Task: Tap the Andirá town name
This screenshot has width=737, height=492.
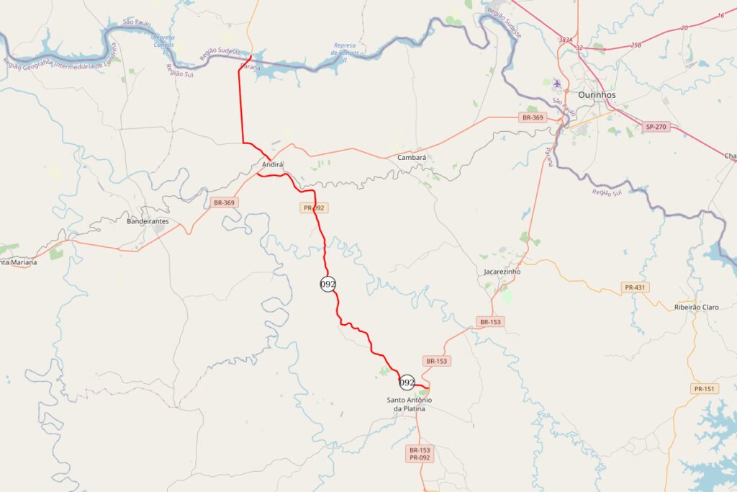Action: coord(271,164)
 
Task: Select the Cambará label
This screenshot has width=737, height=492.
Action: coord(412,157)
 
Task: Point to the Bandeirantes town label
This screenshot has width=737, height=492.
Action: coord(148,221)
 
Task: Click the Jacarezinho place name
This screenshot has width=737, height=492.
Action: coord(502,272)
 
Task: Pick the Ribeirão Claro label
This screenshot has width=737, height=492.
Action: coord(696,307)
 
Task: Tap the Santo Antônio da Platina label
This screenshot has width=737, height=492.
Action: coord(410,404)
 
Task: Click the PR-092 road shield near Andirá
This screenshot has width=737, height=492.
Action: coord(313,207)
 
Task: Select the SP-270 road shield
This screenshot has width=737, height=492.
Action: coord(656,127)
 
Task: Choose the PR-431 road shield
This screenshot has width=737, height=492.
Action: coord(635,287)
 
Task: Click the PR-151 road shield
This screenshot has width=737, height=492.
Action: coord(704,389)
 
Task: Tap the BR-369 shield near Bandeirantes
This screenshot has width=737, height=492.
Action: coord(224,202)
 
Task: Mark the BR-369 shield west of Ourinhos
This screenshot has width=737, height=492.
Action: coord(533,117)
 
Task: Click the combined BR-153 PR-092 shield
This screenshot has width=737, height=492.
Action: coord(420,454)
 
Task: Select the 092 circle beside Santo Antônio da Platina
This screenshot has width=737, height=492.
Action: coord(407,382)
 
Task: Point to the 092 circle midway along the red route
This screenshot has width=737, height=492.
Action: coord(328,284)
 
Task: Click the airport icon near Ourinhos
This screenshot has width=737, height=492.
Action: coord(557,84)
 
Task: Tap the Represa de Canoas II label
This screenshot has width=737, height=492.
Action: coord(344,51)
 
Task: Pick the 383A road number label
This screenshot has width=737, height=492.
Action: coord(565,40)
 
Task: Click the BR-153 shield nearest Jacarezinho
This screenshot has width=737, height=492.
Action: coord(489,322)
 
